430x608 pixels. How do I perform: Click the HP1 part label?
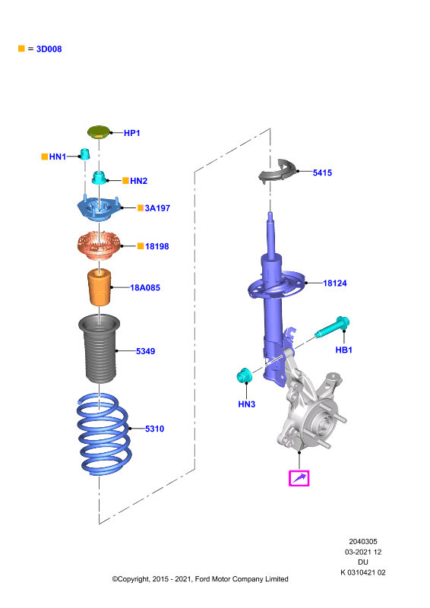click(x=132, y=133)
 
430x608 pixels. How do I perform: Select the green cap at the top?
click(x=99, y=131)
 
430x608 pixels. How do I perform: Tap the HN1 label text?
click(x=58, y=157)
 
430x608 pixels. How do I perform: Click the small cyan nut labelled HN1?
click(x=85, y=154)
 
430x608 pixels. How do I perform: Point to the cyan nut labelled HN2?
click(x=100, y=178)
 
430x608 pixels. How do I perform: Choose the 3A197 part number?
click(x=157, y=208)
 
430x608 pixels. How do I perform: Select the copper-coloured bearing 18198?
click(x=99, y=245)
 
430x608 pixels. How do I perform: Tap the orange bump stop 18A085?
click(x=100, y=287)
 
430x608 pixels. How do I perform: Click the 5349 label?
click(x=145, y=351)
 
